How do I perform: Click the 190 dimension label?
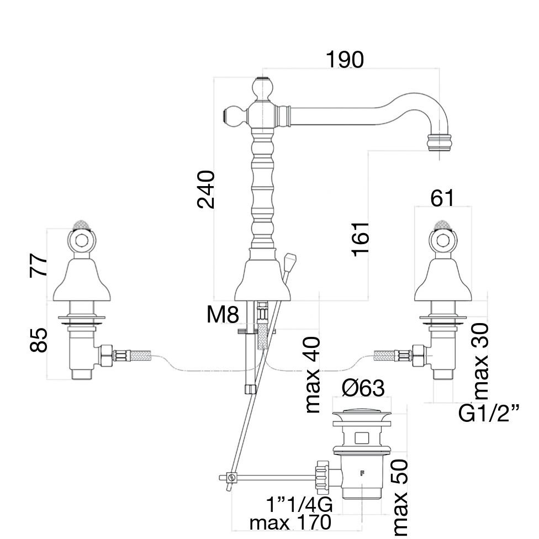pyautogui.click(x=345, y=60)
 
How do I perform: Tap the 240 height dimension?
pyautogui.click(x=206, y=189)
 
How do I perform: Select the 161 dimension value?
pyautogui.click(x=360, y=239)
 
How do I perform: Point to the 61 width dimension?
pyautogui.click(x=442, y=198)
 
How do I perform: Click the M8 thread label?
pyautogui.click(x=223, y=316)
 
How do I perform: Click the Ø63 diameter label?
pyautogui.click(x=363, y=389)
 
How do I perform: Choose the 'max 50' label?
pyautogui.click(x=400, y=497)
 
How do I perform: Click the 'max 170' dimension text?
pyautogui.click(x=290, y=522)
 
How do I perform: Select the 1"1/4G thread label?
pyautogui.click(x=299, y=505)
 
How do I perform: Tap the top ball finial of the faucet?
pyautogui.click(x=263, y=88)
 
